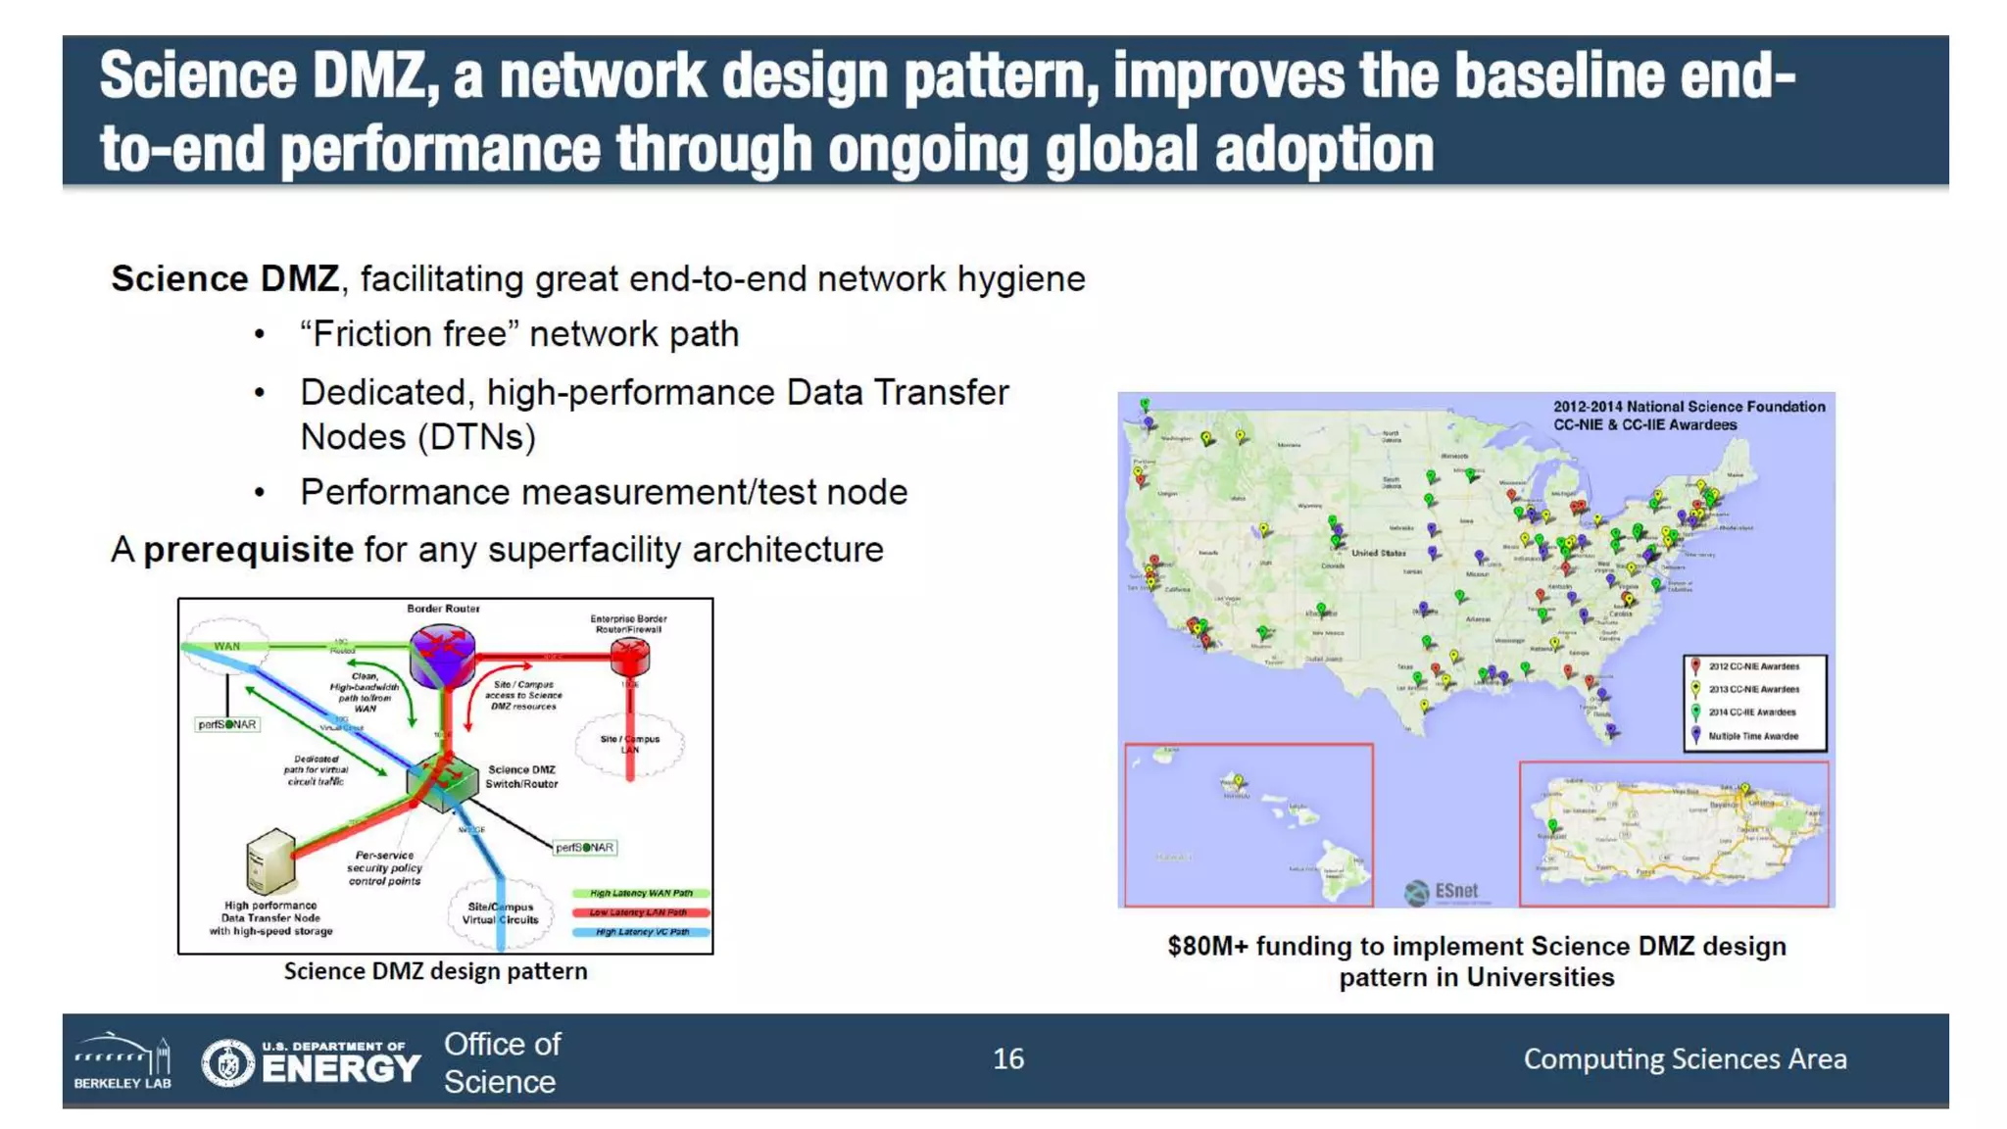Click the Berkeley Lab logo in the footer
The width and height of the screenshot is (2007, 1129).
(x=122, y=1060)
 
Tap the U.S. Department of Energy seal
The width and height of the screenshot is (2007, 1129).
(x=228, y=1062)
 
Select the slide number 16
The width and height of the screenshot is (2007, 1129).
(x=1007, y=1058)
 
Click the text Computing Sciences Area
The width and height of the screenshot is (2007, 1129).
(x=1685, y=1058)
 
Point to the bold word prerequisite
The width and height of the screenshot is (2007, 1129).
(x=248, y=550)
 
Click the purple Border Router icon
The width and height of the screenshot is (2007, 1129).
(x=443, y=656)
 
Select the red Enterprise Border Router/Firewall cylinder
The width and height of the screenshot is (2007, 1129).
(x=629, y=657)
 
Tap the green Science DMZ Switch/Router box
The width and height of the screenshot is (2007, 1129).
(x=442, y=781)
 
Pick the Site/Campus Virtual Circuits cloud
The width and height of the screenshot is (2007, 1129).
(x=501, y=914)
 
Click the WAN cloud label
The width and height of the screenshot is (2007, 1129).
(x=226, y=646)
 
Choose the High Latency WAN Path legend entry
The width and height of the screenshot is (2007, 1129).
(x=641, y=894)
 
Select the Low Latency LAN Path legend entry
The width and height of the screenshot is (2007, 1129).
(x=641, y=912)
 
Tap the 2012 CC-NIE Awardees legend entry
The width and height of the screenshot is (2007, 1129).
(x=1752, y=666)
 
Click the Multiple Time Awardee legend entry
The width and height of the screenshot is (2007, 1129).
(x=1752, y=736)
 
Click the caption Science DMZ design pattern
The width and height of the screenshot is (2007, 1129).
(x=435, y=971)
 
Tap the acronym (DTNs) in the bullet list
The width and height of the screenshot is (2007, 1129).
(x=477, y=437)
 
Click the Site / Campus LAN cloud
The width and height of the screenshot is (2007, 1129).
(x=629, y=745)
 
